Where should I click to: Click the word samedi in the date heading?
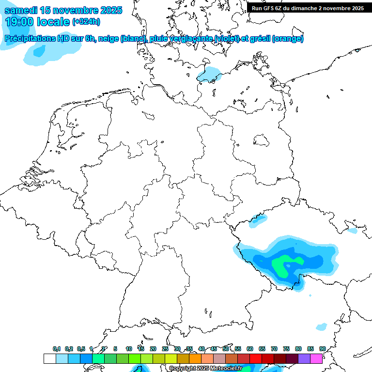(22, 10)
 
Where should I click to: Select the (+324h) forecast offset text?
(86, 22)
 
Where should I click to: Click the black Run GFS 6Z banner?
(307, 8)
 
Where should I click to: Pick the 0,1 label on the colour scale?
(56, 349)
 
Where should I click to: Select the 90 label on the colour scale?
(322, 349)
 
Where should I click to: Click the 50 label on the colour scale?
(226, 349)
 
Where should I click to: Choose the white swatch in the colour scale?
(49, 358)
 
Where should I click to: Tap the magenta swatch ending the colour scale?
(316, 358)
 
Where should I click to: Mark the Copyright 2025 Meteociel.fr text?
(205, 368)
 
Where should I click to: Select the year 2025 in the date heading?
(108, 10)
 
